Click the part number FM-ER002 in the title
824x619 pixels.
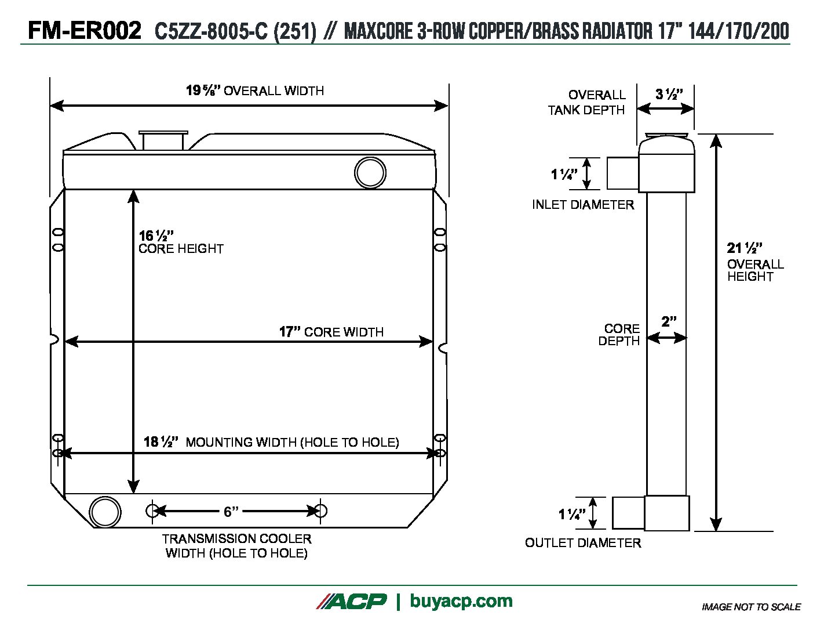tap(85, 30)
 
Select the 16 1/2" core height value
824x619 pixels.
tap(156, 236)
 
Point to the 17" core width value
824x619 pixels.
tap(290, 332)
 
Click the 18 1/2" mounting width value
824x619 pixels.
tap(161, 442)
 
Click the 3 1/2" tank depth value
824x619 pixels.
tap(669, 95)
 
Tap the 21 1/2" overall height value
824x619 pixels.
tap(744, 248)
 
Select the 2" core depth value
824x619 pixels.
tap(669, 321)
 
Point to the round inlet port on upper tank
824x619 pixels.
tap(370, 172)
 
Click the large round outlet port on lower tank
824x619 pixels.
tap(105, 512)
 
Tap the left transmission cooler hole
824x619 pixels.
tap(152, 511)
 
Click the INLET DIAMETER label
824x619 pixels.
tap(583, 205)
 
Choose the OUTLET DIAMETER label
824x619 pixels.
tap(583, 543)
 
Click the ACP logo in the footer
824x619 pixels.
tap(351, 602)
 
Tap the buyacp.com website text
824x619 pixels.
tap(461, 601)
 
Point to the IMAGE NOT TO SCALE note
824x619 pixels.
tap(751, 607)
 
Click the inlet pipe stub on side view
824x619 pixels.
tap(622, 173)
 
